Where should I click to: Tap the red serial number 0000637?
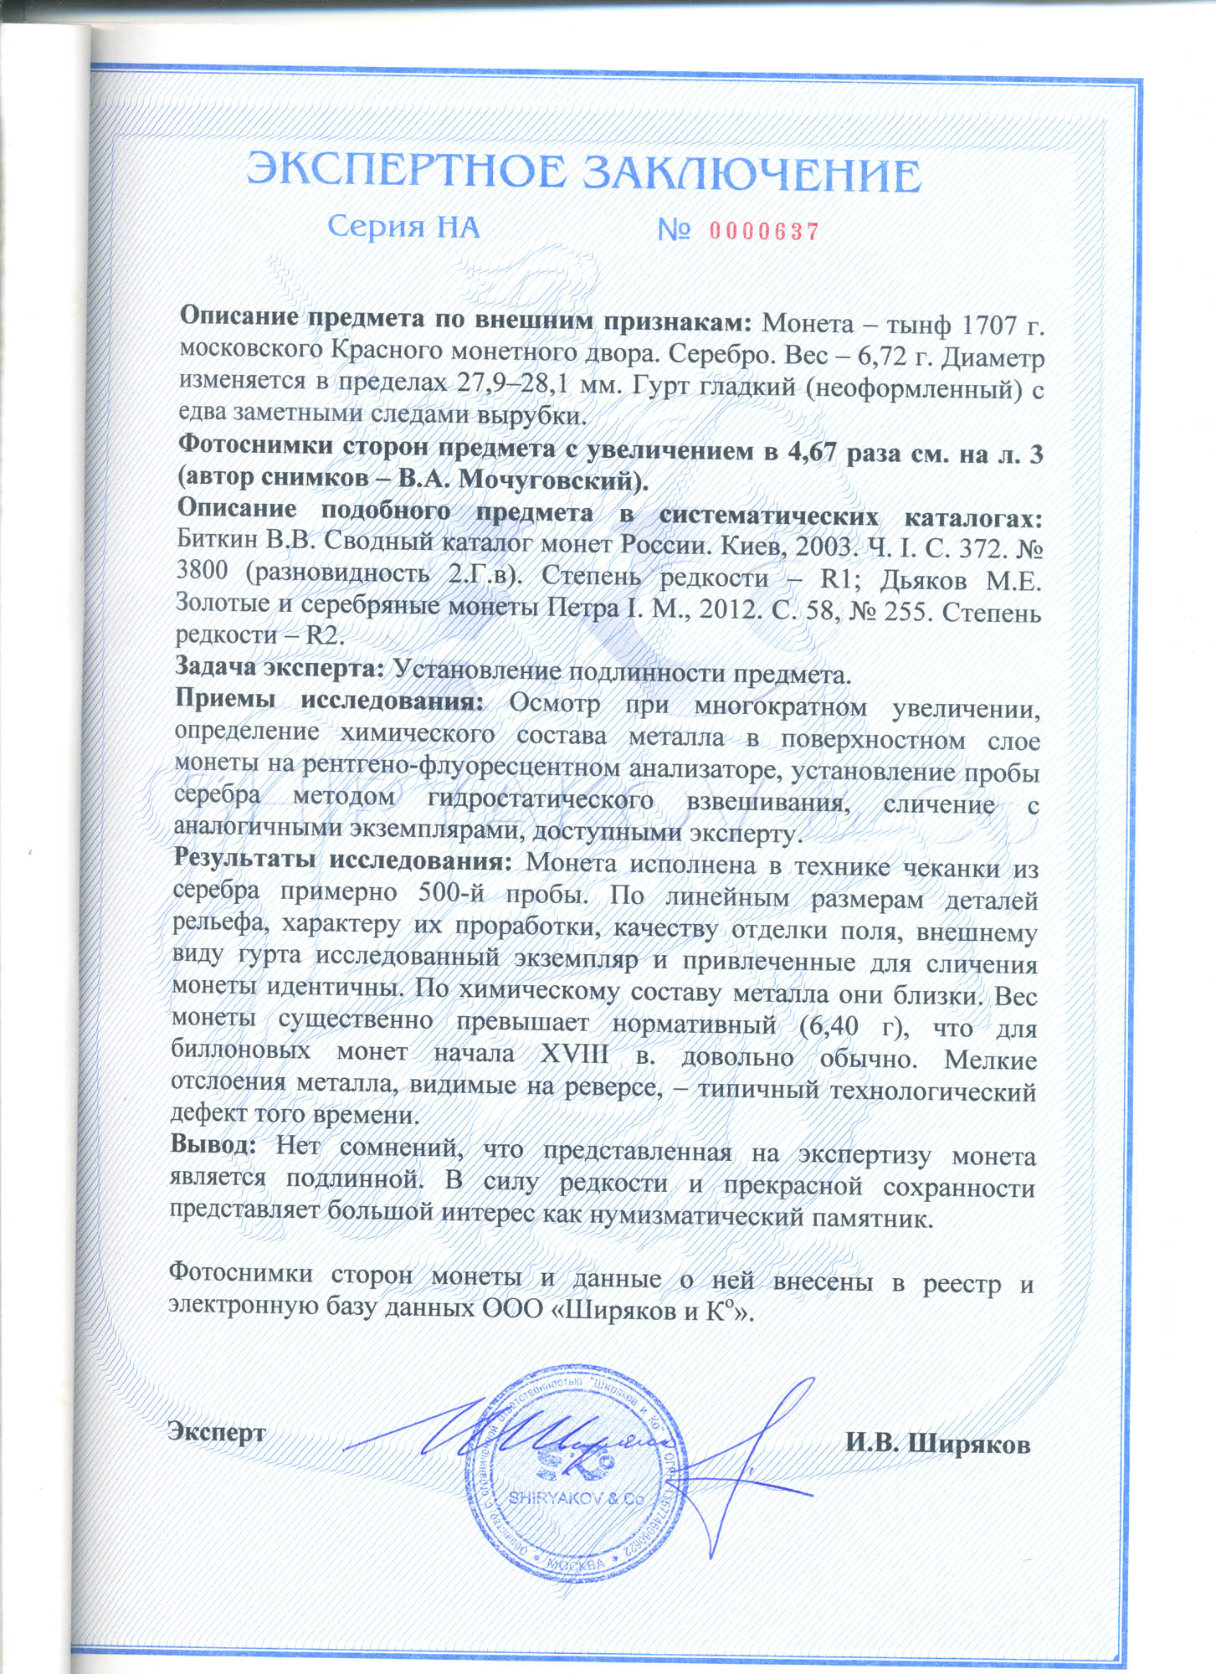point(764,231)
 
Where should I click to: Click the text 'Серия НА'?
point(403,227)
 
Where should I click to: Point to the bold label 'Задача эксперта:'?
point(280,667)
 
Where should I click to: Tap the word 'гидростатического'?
point(540,799)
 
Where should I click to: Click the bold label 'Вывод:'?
point(213,1143)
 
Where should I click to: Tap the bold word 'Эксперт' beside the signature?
point(218,1431)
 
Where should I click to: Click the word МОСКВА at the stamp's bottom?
point(575,1564)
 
